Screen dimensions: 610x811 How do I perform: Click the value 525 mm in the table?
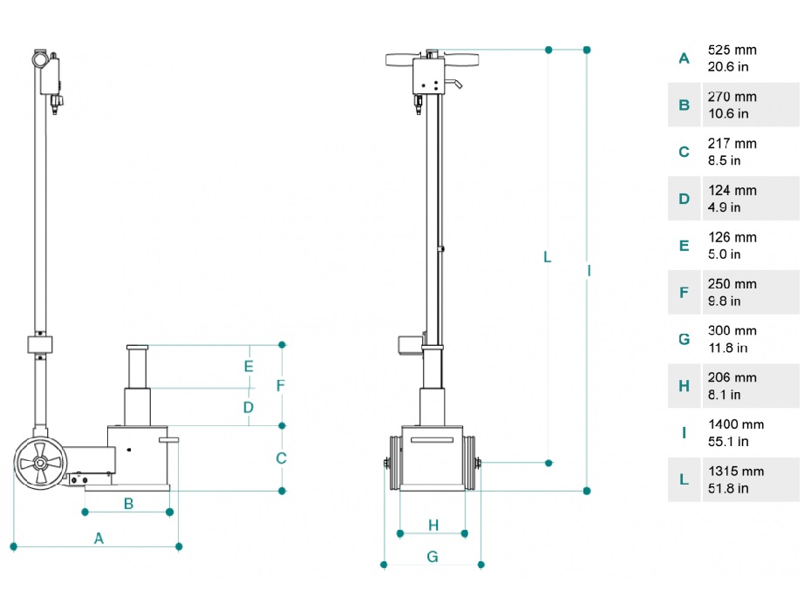click(x=733, y=50)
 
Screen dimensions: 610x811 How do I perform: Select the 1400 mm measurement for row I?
click(x=735, y=424)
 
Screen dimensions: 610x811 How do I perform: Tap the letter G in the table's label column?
click(x=684, y=339)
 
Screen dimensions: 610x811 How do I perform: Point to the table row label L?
click(x=684, y=479)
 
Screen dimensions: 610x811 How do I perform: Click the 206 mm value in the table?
click(x=733, y=377)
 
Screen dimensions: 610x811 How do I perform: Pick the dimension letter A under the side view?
click(x=99, y=539)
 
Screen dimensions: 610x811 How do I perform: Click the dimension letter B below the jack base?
click(x=128, y=503)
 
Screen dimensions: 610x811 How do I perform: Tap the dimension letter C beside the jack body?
click(x=281, y=458)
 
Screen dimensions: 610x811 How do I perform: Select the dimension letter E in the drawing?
click(x=249, y=366)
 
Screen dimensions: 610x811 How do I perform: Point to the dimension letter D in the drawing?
click(x=249, y=407)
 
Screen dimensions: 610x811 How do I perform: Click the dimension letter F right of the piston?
click(x=281, y=385)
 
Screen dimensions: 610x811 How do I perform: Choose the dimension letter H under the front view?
click(x=433, y=525)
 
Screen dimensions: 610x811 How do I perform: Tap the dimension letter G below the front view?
click(x=433, y=556)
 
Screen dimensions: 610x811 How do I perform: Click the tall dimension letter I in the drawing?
click(x=589, y=271)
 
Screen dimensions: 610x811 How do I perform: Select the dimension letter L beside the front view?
click(x=548, y=257)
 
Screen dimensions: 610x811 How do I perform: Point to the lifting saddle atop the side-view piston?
click(x=139, y=348)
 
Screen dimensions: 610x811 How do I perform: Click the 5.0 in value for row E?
click(x=723, y=254)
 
